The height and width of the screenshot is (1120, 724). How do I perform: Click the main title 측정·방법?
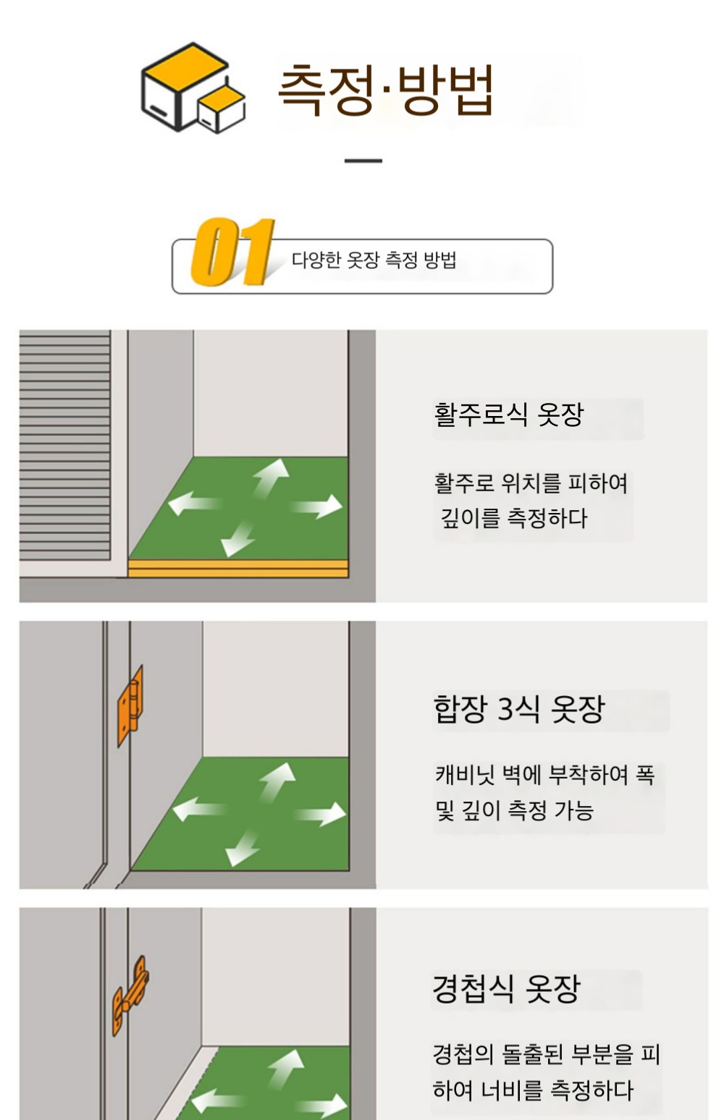click(x=386, y=90)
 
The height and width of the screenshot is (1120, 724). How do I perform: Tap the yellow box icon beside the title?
click(x=193, y=88)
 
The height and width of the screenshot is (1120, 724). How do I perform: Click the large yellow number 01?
click(x=232, y=252)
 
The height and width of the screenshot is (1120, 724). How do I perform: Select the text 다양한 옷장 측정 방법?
click(x=374, y=260)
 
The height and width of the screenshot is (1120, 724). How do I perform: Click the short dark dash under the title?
click(x=363, y=161)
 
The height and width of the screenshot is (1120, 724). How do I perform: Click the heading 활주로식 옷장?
click(x=508, y=415)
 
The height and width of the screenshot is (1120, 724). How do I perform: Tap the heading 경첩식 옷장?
click(x=506, y=988)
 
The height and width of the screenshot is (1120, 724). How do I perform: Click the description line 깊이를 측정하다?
click(x=514, y=518)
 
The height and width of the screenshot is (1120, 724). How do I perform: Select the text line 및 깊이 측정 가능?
click(x=514, y=810)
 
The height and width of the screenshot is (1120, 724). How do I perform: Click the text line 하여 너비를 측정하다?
click(x=533, y=1090)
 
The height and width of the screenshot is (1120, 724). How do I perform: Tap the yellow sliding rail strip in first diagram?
click(x=238, y=569)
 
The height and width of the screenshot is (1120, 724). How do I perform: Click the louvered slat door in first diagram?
click(x=65, y=444)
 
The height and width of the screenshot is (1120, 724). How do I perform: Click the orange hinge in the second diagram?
click(x=130, y=705)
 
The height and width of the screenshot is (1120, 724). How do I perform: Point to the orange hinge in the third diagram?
click(x=130, y=996)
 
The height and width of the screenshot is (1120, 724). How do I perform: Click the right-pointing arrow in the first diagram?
click(x=317, y=506)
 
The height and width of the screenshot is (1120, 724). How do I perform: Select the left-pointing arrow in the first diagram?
click(x=195, y=503)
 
